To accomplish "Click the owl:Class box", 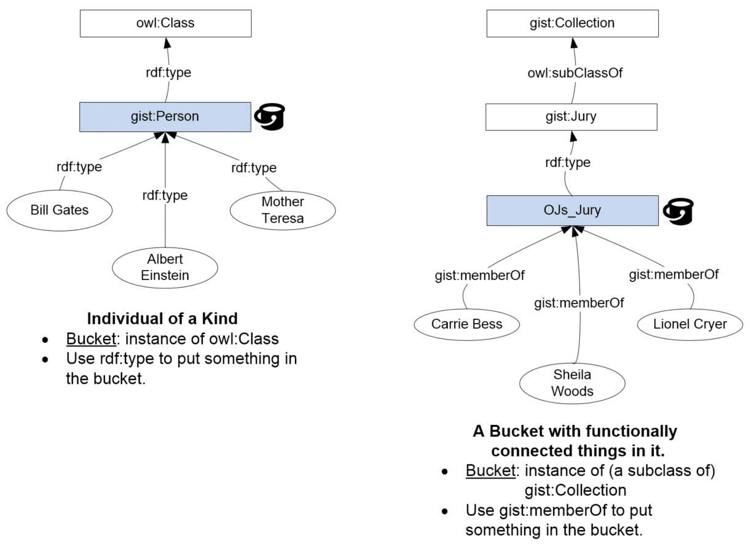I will (x=165, y=23).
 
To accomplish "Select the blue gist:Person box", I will (x=165, y=116).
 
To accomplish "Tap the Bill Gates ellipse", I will (x=60, y=210).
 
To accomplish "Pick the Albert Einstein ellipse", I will (x=165, y=267).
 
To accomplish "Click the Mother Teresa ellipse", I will (x=283, y=210).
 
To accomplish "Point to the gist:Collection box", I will (x=572, y=23).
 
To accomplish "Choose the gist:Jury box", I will (x=572, y=116).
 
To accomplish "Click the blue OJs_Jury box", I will (x=572, y=211).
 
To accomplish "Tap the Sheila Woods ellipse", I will (x=572, y=382).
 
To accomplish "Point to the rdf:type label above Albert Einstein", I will (x=165, y=196).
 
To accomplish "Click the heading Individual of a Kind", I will (x=162, y=319).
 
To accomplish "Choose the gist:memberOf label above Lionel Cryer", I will (x=673, y=274).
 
